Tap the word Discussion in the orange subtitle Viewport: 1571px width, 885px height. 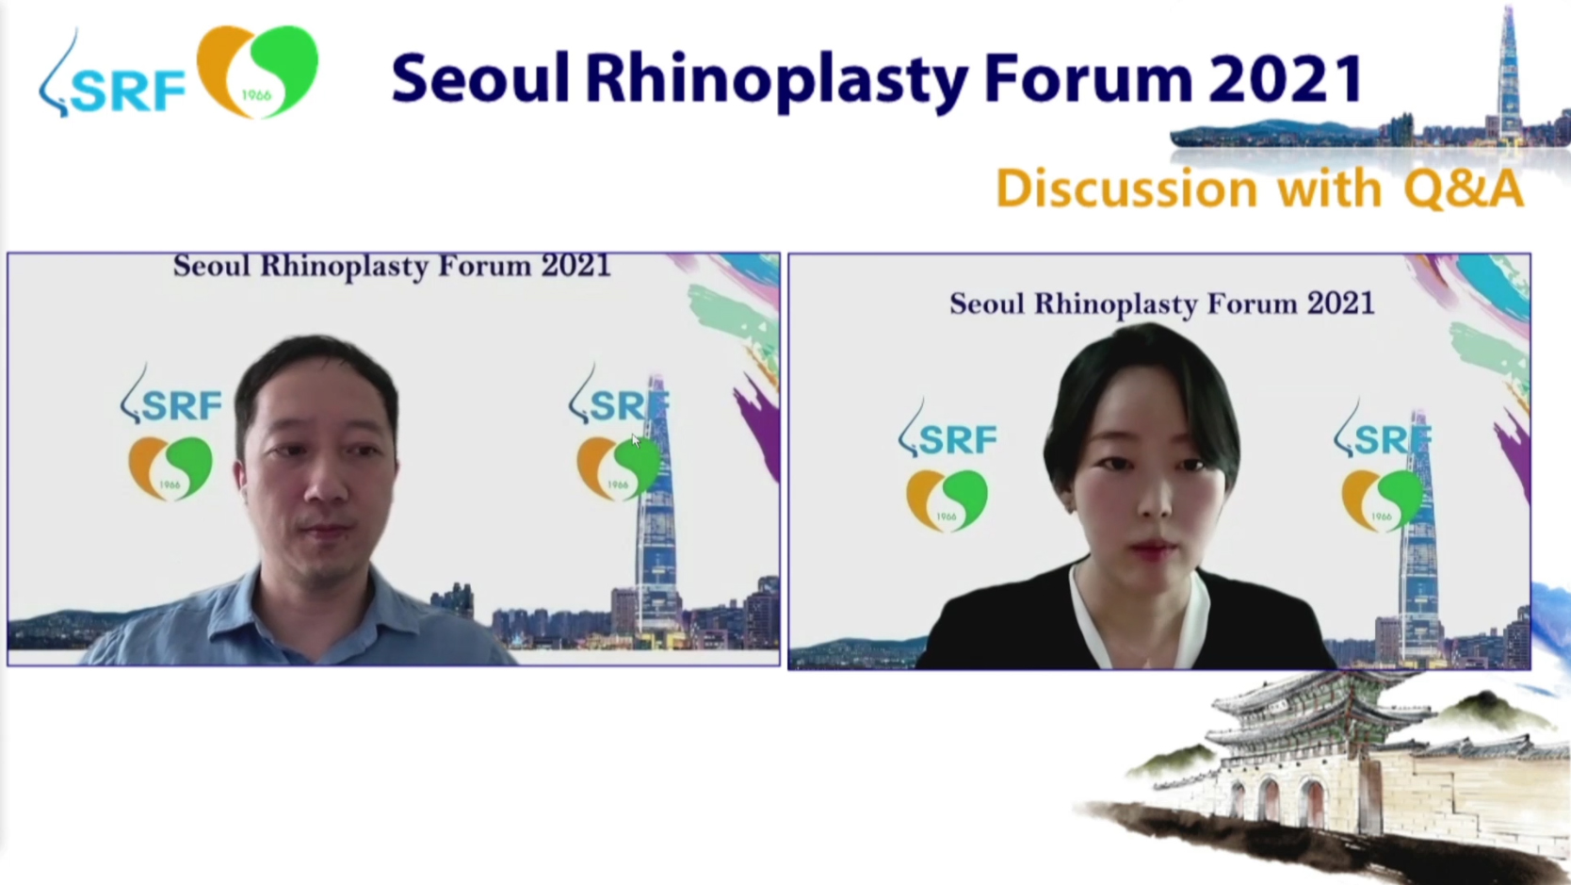pyautogui.click(x=1126, y=188)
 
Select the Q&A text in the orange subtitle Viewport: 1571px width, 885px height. pyautogui.click(x=1465, y=188)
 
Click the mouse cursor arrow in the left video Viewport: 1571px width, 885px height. pyautogui.click(x=636, y=440)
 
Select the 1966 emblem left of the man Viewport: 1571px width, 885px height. pyautogui.click(x=170, y=467)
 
